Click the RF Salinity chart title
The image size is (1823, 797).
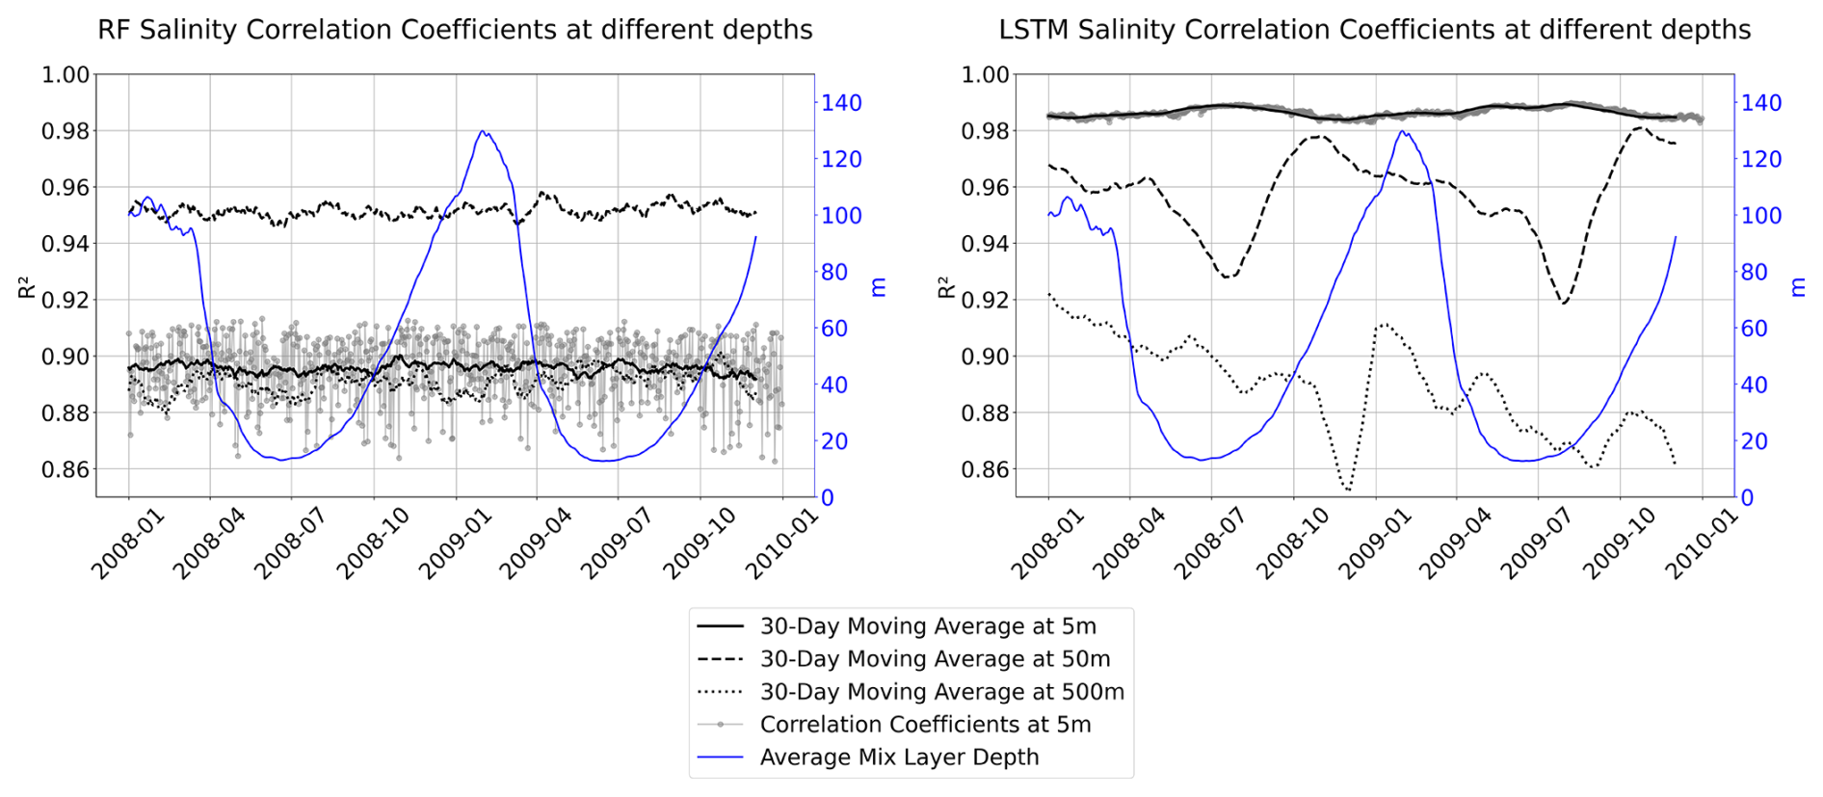pos(455,30)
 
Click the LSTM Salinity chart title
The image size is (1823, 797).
pos(1374,30)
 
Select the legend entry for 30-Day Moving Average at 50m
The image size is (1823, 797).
pos(935,659)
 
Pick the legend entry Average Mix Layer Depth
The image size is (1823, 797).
pos(899,757)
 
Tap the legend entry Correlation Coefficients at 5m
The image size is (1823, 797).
pos(925,725)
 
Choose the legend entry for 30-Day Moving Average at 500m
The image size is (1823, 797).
pos(941,692)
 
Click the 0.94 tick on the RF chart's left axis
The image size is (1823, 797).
pos(66,244)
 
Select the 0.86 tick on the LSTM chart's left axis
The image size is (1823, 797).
pos(985,470)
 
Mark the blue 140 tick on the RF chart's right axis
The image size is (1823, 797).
pos(840,103)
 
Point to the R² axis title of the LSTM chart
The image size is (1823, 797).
pos(945,286)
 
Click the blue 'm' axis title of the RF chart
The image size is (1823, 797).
pos(879,286)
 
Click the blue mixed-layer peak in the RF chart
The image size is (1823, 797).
pos(483,131)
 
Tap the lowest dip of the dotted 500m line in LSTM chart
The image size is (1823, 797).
pos(1347,490)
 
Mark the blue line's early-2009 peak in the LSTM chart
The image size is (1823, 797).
pos(1403,131)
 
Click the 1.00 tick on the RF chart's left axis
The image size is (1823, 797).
pos(66,75)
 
